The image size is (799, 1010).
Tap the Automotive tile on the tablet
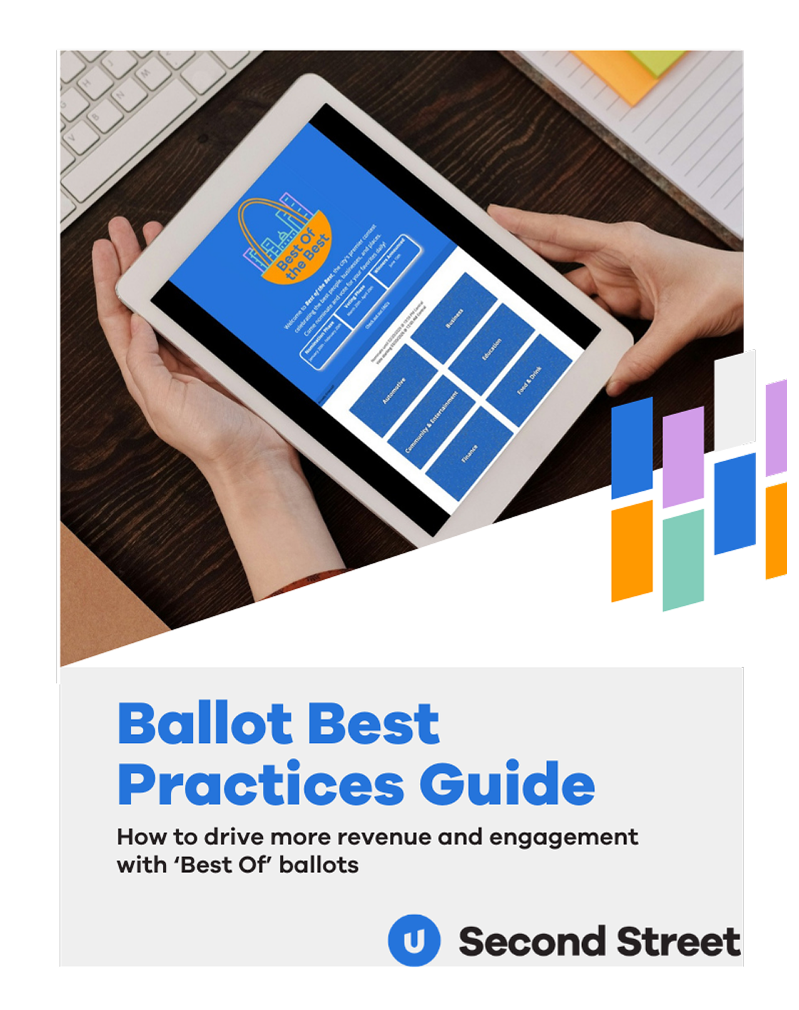[x=393, y=390]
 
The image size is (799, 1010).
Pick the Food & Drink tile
[x=529, y=380]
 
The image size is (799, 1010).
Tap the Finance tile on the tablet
[x=469, y=454]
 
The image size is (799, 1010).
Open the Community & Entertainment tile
[x=431, y=421]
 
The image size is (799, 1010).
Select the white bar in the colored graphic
[x=735, y=400]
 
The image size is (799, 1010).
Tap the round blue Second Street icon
[x=413, y=940]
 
